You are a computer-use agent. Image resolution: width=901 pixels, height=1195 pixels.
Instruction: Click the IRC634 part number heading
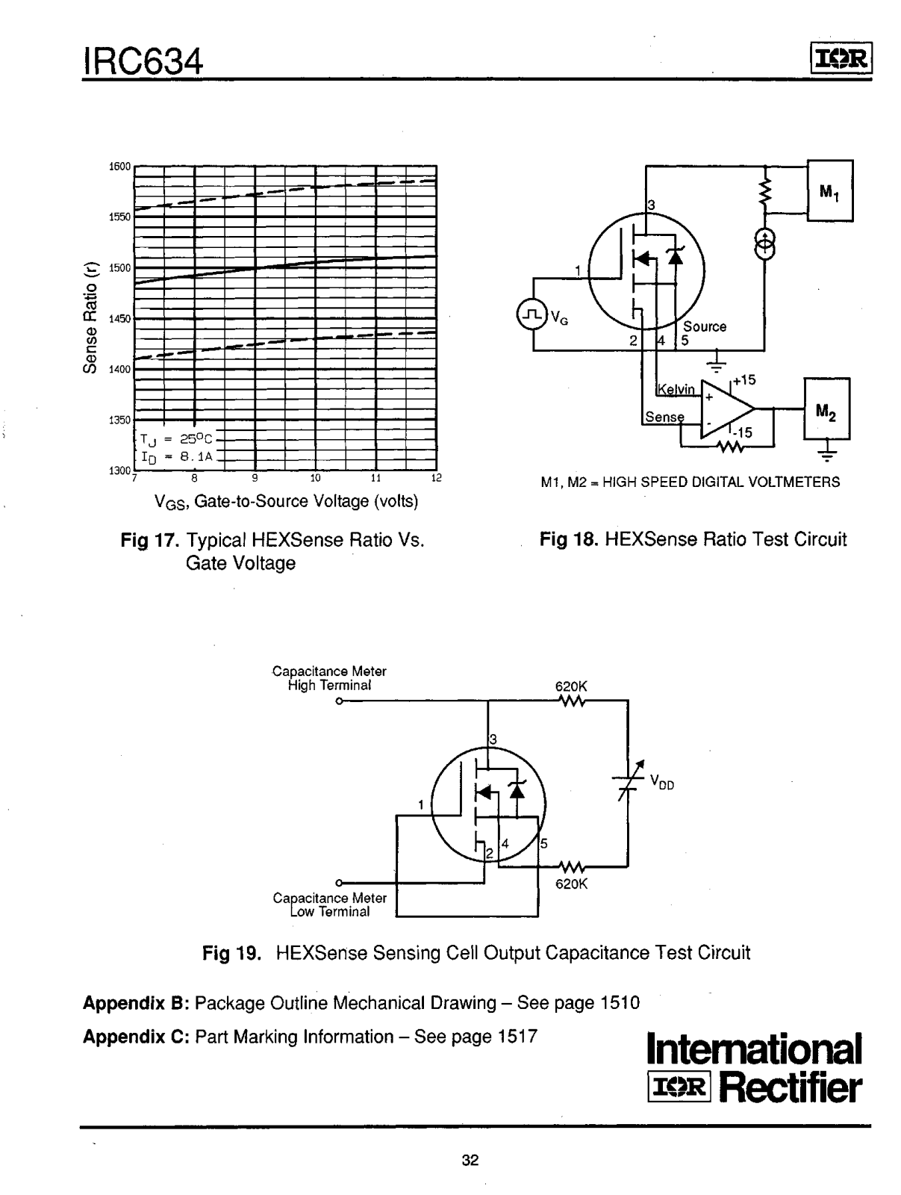(143, 60)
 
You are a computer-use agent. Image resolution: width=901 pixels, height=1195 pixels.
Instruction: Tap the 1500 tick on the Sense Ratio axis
(119, 267)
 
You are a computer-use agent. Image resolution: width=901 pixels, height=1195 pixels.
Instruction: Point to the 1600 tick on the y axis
(119, 167)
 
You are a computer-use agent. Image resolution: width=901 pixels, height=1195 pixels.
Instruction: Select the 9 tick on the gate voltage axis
(255, 478)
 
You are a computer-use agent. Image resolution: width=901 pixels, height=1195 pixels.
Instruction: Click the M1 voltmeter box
(829, 190)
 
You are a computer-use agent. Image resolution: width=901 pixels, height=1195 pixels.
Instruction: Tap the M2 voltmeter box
(826, 409)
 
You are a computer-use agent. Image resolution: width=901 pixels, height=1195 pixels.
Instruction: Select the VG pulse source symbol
(531, 316)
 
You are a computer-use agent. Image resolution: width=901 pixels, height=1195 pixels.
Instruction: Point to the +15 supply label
(743, 380)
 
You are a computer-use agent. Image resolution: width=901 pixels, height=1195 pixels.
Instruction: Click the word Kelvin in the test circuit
(676, 389)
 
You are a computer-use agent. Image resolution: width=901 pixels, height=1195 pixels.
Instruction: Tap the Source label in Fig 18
(705, 326)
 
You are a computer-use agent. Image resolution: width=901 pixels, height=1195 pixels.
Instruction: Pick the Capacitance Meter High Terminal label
(329, 678)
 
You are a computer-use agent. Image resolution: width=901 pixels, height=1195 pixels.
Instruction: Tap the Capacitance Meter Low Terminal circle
(340, 882)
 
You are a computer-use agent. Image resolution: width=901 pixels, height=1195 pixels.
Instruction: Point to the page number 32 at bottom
(470, 1160)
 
